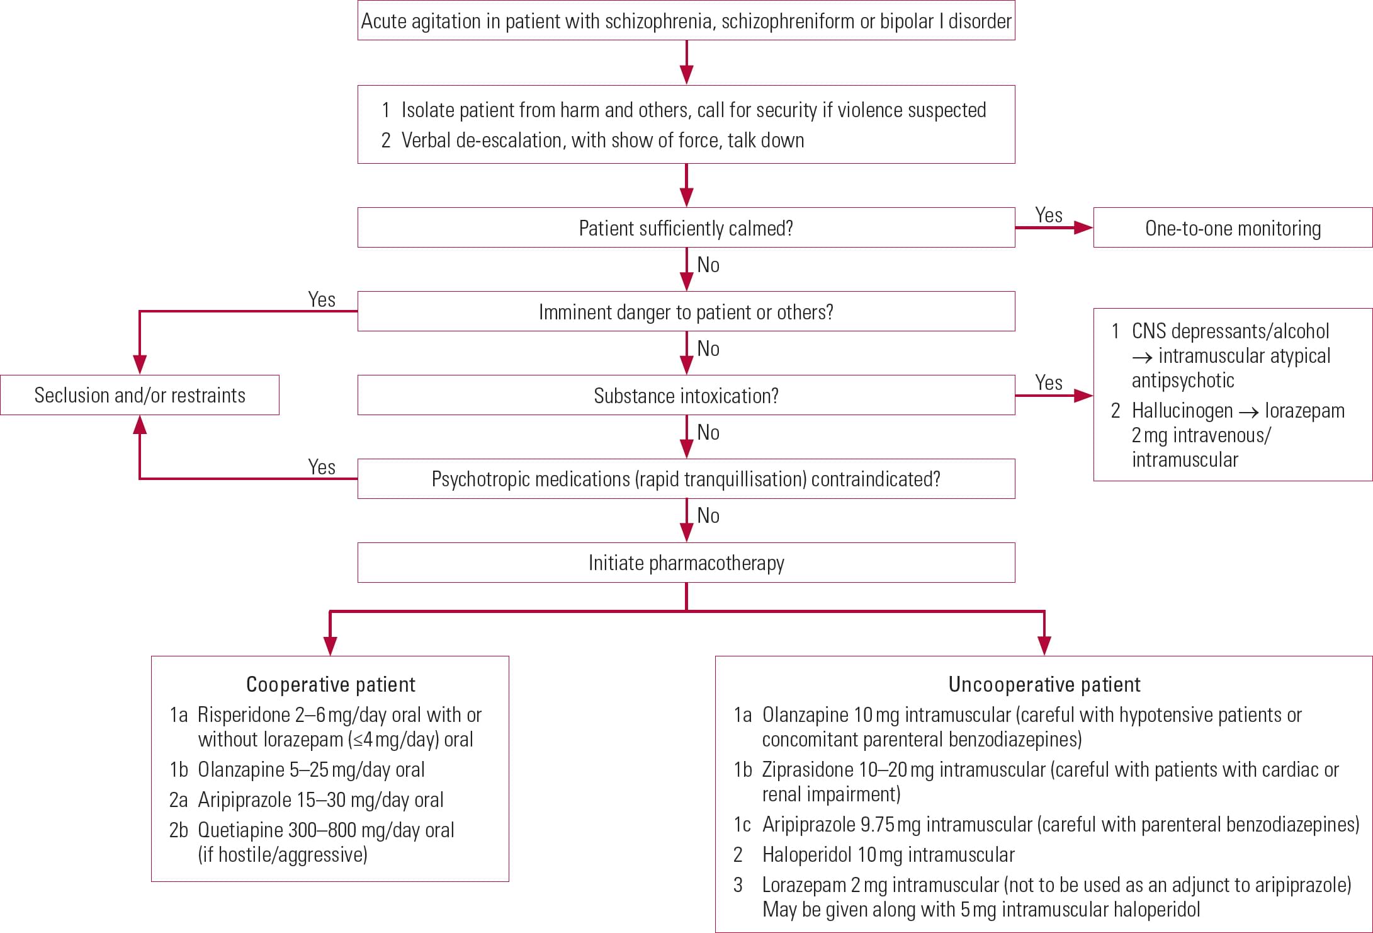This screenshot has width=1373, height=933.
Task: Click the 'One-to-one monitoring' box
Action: click(1232, 228)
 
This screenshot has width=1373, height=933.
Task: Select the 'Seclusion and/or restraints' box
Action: click(140, 395)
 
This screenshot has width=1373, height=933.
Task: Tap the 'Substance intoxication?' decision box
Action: click(686, 396)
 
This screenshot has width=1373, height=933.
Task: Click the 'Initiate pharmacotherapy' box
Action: click(686, 563)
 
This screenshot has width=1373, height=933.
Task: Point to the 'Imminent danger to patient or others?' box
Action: click(686, 312)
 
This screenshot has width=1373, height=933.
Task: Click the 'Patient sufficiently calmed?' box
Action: click(686, 228)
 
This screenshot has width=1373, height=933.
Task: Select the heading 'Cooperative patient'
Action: click(331, 684)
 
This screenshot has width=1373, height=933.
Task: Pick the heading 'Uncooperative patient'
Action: click(1044, 684)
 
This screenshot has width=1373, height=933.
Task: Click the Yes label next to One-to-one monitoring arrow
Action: click(1048, 215)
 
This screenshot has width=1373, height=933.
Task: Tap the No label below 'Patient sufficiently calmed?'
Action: click(708, 265)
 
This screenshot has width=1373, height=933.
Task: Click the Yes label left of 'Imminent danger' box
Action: click(322, 299)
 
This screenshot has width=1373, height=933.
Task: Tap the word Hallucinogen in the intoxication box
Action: click(1182, 411)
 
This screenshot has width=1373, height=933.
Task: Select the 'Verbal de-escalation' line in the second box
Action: click(602, 140)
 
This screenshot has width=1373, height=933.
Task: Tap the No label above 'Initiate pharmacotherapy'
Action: click(708, 515)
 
